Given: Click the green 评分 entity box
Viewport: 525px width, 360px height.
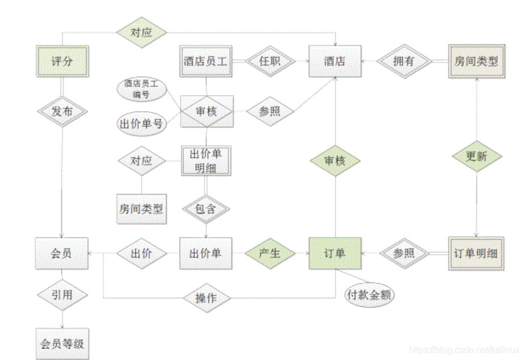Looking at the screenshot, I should click(61, 61).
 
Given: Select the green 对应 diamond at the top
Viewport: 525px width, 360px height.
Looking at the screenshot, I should click(142, 32).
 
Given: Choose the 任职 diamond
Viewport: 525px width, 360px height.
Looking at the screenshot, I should click(270, 61).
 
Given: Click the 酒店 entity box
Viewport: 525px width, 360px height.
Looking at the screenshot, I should click(335, 61).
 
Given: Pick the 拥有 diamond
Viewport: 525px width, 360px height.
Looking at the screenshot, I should click(404, 61).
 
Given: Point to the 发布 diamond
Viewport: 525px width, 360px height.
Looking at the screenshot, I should click(61, 112).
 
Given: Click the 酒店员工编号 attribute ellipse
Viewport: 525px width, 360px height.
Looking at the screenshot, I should click(142, 90).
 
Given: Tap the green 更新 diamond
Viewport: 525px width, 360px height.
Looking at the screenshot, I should click(476, 156).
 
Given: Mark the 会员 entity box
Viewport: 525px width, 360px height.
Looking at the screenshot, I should click(61, 253).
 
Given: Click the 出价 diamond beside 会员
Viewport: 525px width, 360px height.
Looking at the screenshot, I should click(142, 253).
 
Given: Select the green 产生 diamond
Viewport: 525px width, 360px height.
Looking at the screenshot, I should click(270, 253).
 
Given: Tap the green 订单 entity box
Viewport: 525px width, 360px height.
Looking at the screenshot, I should click(335, 253).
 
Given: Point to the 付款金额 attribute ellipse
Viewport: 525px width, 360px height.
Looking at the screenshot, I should click(370, 295).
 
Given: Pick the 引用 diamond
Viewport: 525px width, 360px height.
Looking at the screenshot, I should click(61, 295).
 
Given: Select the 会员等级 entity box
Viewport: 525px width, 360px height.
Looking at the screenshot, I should click(61, 344).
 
